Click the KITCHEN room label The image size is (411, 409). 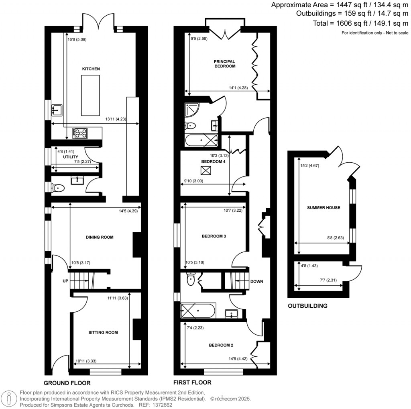point(91,69)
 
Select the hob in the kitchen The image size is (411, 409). point(81,133)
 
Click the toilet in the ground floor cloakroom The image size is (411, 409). point(58,187)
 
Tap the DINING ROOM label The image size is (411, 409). point(100,237)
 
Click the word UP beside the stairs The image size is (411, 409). point(65,281)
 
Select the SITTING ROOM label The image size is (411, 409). point(103,332)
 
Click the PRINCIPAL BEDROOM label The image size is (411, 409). point(224,64)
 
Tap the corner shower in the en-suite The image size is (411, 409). point(191,109)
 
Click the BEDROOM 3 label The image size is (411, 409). point(214,236)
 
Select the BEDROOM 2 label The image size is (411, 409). point(221,345)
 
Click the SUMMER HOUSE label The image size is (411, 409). point(324,208)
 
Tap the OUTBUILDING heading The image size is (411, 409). point(307,306)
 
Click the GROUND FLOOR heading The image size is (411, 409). point(67,383)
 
